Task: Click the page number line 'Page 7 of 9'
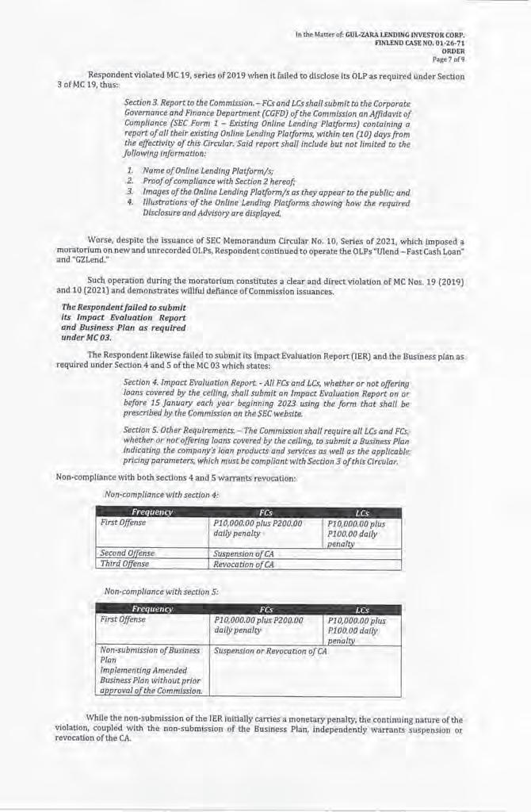(448, 59)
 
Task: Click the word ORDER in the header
(453, 51)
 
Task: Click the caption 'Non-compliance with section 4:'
(161, 495)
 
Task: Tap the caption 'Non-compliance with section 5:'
(161, 592)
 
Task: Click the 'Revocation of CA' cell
(244, 565)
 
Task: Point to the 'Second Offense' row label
(128, 553)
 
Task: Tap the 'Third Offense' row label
(124, 565)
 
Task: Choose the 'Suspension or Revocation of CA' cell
(270, 651)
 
